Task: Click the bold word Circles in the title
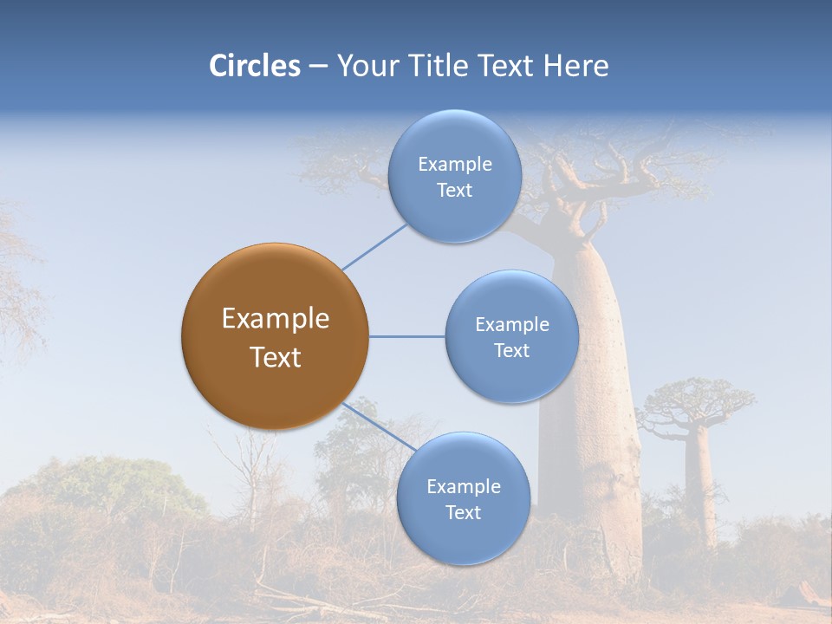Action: [x=254, y=66]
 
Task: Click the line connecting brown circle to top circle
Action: [x=374, y=246]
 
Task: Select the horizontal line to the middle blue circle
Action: [x=406, y=336]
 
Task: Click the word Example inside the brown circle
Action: [x=275, y=319]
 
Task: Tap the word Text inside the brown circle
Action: [x=275, y=357]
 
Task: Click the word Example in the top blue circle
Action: [x=454, y=164]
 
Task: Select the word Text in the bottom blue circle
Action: [x=463, y=512]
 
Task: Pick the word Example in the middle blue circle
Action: [x=511, y=324]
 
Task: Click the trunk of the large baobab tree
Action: [x=589, y=433]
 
